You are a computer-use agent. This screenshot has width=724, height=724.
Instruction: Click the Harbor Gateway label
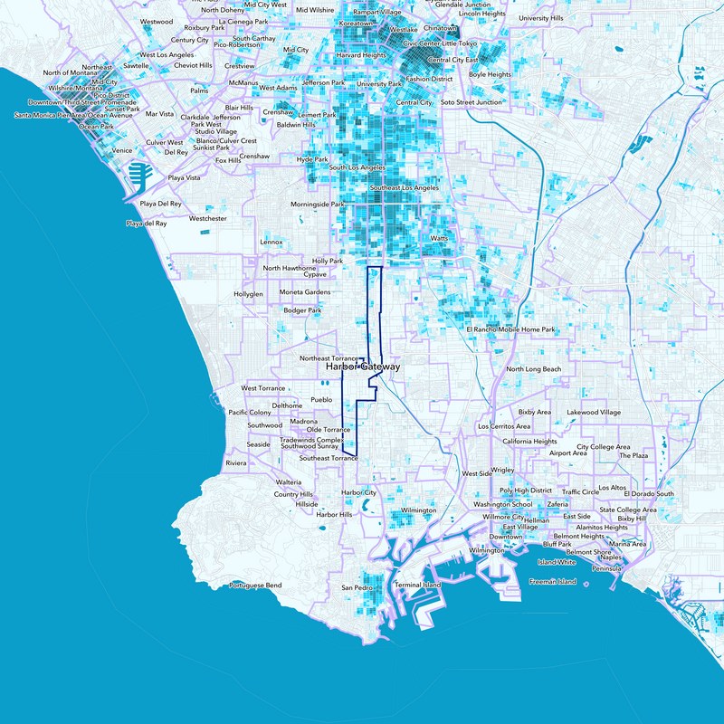pos(362,368)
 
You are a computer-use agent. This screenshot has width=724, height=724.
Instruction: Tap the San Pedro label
pos(357,588)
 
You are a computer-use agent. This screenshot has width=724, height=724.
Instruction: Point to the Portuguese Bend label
pos(255,586)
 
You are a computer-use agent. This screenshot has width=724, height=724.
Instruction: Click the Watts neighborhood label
pos(439,239)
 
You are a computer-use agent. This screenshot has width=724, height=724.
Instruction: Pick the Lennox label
pos(271,243)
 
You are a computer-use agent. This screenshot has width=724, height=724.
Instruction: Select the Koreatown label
pos(356,22)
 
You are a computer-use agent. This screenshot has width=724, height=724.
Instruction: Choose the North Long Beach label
pos(533,369)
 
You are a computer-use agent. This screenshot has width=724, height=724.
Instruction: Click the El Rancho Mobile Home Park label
pos(510,329)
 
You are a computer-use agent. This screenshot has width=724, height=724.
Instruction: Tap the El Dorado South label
pos(652,494)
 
